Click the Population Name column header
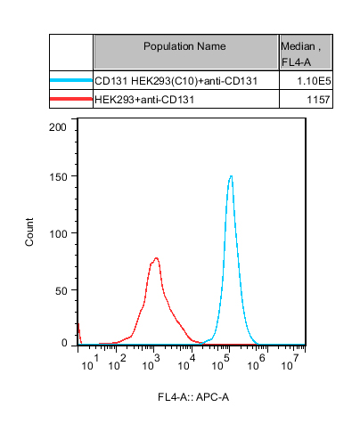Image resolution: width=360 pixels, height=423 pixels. [x=184, y=46]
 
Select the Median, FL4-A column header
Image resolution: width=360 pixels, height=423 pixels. [x=300, y=54]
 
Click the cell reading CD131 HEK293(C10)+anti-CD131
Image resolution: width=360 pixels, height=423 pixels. [x=176, y=81]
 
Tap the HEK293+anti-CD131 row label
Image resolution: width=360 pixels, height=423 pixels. [x=144, y=100]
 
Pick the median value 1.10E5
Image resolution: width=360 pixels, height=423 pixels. [x=314, y=81]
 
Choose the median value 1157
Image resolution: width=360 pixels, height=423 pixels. [x=318, y=100]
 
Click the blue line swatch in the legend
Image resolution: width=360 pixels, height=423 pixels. [x=71, y=80]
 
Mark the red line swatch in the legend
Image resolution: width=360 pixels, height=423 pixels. [x=71, y=99]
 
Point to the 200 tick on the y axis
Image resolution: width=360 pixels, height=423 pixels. [x=58, y=127]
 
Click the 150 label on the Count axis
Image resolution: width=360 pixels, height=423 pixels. [x=58, y=177]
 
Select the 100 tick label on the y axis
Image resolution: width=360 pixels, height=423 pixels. [x=58, y=234]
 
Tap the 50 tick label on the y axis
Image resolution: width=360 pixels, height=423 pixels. [x=61, y=291]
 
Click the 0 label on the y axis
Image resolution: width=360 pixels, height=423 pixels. [x=64, y=343]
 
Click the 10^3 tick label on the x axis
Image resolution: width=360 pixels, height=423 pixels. [x=151, y=362]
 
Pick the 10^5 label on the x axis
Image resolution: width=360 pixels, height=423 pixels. [x=221, y=362]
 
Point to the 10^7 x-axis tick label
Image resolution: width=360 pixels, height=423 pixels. [x=290, y=362]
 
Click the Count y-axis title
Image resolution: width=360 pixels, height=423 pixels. [x=29, y=232]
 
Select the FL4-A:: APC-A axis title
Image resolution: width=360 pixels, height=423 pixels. [x=193, y=397]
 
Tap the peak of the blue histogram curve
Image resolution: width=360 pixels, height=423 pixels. [x=231, y=176]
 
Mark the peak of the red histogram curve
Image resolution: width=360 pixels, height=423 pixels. [x=156, y=258]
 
